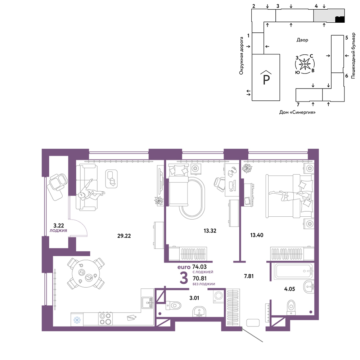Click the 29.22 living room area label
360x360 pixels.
[x=124, y=236]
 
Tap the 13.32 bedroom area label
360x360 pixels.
[x=210, y=231]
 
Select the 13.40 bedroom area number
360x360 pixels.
[x=257, y=235]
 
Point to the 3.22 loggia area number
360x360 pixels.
[x=59, y=226]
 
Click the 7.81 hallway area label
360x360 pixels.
[x=249, y=276]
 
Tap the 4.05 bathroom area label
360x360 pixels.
[x=289, y=289]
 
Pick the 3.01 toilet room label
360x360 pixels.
[x=194, y=298]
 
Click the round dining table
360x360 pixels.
[x=86, y=274]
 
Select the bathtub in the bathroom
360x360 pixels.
[x=294, y=271]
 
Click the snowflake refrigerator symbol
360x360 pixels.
[x=77, y=320]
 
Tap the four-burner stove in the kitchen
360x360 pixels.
[x=105, y=319]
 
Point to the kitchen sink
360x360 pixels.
[x=147, y=303]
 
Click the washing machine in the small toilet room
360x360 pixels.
[x=219, y=296]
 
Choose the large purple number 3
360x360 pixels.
[x=184, y=278]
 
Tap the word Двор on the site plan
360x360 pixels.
[x=302, y=40]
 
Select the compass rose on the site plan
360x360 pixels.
[x=305, y=64]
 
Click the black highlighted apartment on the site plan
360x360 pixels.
[x=340, y=19]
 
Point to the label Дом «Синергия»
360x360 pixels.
[x=297, y=112]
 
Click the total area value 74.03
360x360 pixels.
[x=199, y=267]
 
